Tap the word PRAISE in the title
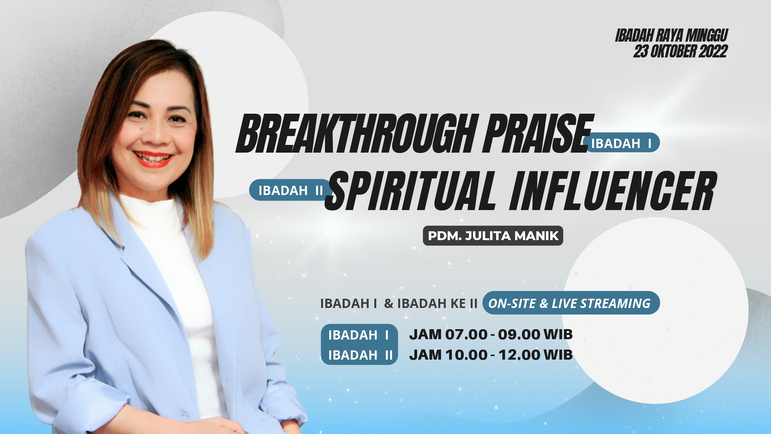(538, 133)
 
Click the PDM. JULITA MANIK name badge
(493, 236)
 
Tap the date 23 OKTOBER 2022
(680, 51)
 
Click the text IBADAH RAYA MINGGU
(672, 35)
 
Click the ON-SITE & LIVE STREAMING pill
(571, 303)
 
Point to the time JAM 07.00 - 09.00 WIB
(491, 335)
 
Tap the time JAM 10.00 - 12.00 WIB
(491, 355)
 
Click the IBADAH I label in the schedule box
(359, 335)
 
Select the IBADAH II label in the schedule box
(360, 355)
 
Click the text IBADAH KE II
(437, 304)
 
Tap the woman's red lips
(153, 159)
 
